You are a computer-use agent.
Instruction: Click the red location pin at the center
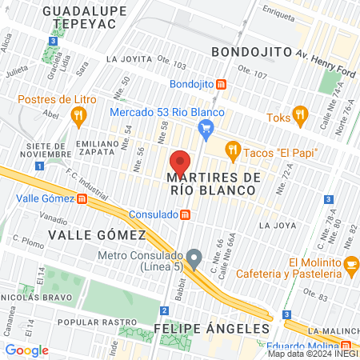180,159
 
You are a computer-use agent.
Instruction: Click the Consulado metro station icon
185,214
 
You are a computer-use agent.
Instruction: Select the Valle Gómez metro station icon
82,199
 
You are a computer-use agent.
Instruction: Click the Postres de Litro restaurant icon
78,116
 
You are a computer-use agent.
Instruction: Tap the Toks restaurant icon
299,116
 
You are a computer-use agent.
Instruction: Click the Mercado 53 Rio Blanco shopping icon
206,126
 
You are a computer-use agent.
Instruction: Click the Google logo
27,350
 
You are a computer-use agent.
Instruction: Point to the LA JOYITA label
129,59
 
